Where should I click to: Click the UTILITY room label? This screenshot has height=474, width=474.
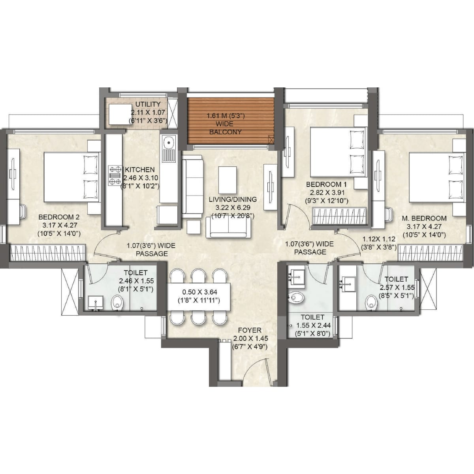[x=148, y=104]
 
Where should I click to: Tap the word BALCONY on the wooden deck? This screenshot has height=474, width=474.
[x=225, y=132]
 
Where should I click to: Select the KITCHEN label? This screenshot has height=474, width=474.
[x=140, y=170]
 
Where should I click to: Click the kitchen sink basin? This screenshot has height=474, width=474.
[x=169, y=142]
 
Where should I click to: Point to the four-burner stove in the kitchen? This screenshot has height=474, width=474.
[x=115, y=175]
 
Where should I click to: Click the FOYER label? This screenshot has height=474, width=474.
[x=249, y=330]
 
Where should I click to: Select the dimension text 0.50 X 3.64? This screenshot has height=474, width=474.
[x=200, y=292]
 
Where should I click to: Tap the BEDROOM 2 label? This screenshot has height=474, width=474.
[x=59, y=217]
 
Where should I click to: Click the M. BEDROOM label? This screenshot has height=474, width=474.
[x=424, y=218]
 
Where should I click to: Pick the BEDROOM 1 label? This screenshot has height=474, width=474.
[x=326, y=184]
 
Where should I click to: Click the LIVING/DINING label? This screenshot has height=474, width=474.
[x=233, y=199]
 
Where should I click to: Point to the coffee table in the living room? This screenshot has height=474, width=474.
[x=228, y=180]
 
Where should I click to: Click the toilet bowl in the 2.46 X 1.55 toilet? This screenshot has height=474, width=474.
[x=117, y=303]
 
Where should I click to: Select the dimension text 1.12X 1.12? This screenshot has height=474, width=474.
[x=379, y=239]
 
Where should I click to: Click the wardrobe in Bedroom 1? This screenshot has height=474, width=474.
[x=339, y=216]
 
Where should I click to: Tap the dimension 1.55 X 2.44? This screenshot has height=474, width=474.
[x=313, y=325]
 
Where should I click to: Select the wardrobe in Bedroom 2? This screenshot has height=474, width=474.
[x=48, y=253]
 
